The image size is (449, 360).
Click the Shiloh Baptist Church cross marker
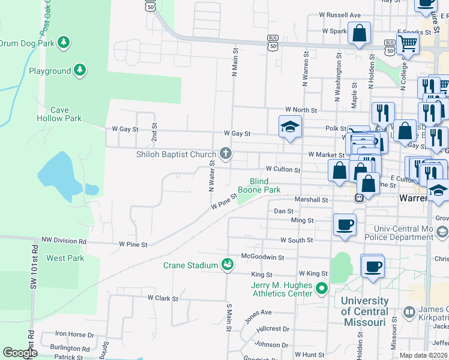226,154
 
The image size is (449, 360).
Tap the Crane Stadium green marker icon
227,265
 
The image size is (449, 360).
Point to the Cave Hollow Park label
59,114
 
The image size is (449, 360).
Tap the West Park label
65,258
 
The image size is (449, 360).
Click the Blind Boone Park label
259,185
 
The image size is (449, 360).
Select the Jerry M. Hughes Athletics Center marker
322,289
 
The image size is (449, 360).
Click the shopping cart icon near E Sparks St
408,43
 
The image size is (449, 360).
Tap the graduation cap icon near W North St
290,127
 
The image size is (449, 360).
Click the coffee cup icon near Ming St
345,225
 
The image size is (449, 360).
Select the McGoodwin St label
262,257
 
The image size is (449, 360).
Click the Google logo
20,353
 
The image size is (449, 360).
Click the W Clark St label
163,298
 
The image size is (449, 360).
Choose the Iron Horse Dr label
74,334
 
